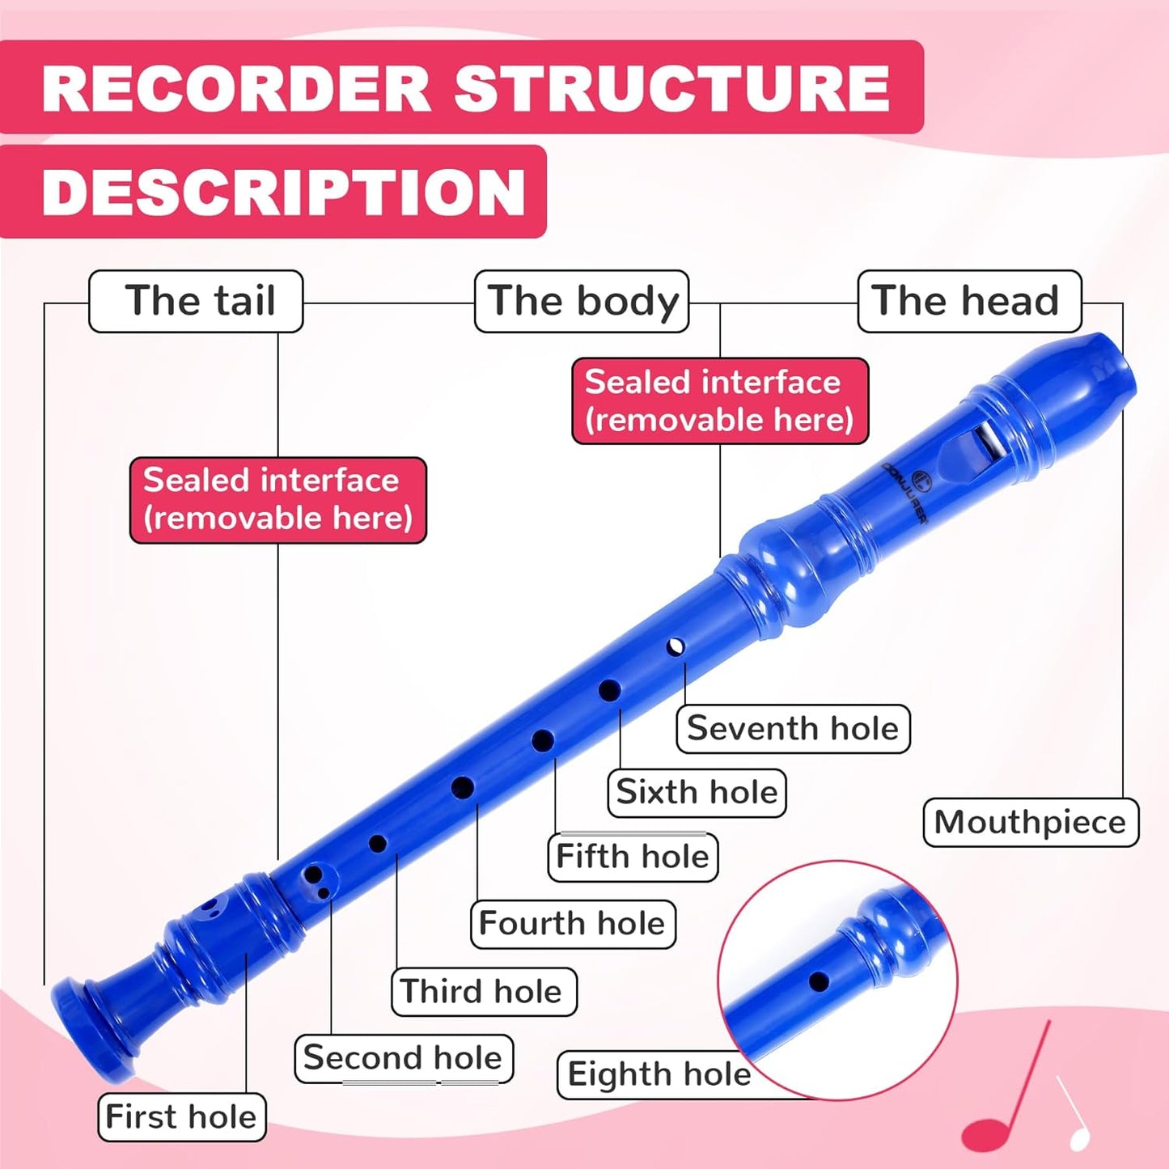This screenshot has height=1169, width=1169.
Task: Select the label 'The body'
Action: [x=582, y=301]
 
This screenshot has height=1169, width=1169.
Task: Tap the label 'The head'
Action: [x=968, y=301]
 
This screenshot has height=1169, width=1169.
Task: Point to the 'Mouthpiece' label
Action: [x=1030, y=822]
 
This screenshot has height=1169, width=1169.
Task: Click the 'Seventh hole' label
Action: [x=793, y=728]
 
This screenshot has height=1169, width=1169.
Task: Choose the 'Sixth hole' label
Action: [x=697, y=792]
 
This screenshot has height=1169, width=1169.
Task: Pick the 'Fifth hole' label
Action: [x=633, y=856]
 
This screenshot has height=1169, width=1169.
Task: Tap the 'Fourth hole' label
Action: [x=572, y=923]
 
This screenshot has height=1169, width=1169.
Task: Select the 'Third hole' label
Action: [x=483, y=991]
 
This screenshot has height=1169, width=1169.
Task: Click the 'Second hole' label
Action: [x=403, y=1057]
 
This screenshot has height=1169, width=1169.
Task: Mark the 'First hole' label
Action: [x=181, y=1116]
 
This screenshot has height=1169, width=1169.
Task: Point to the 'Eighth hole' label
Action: [x=659, y=1074]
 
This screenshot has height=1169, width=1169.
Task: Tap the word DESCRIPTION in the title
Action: [x=283, y=192]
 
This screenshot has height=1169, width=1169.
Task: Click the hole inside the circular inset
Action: [x=819, y=982]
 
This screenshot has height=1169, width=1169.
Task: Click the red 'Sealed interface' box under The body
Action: [x=720, y=400]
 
